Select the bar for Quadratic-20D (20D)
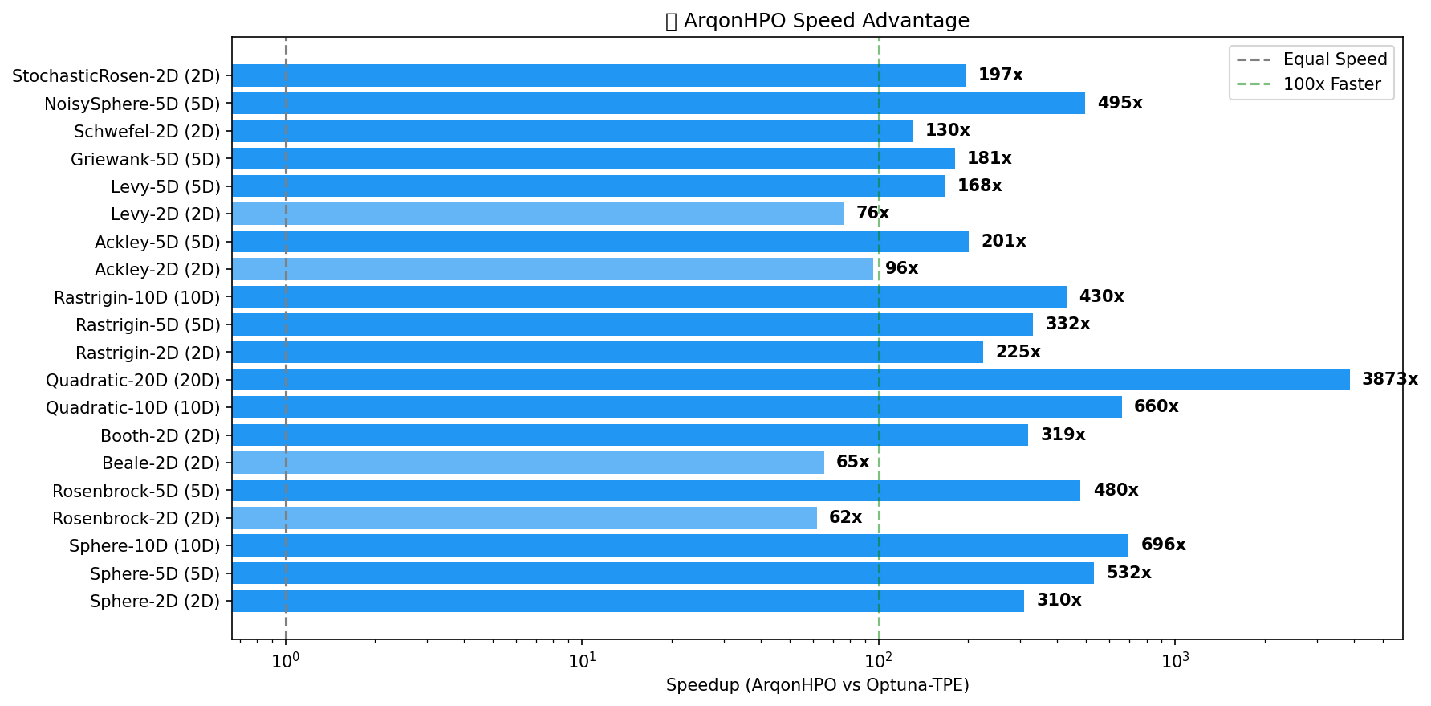point(791,380)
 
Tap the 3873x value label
point(1389,379)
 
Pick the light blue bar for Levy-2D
point(538,214)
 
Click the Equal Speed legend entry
point(1334,59)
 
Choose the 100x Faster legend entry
point(1331,84)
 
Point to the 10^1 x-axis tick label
point(582,660)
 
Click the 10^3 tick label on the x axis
point(1175,660)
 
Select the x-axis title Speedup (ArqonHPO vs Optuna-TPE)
point(817,685)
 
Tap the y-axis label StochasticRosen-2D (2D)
point(116,76)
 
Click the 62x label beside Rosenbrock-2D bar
point(845,517)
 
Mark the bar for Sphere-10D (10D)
point(680,545)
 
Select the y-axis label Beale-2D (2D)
point(161,463)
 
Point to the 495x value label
point(1120,103)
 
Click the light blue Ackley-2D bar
point(552,269)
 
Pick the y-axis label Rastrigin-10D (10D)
point(136,297)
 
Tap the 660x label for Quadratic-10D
point(1156,406)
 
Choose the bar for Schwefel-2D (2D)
point(571,131)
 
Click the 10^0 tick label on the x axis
point(286,660)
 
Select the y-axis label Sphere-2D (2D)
point(155,602)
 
